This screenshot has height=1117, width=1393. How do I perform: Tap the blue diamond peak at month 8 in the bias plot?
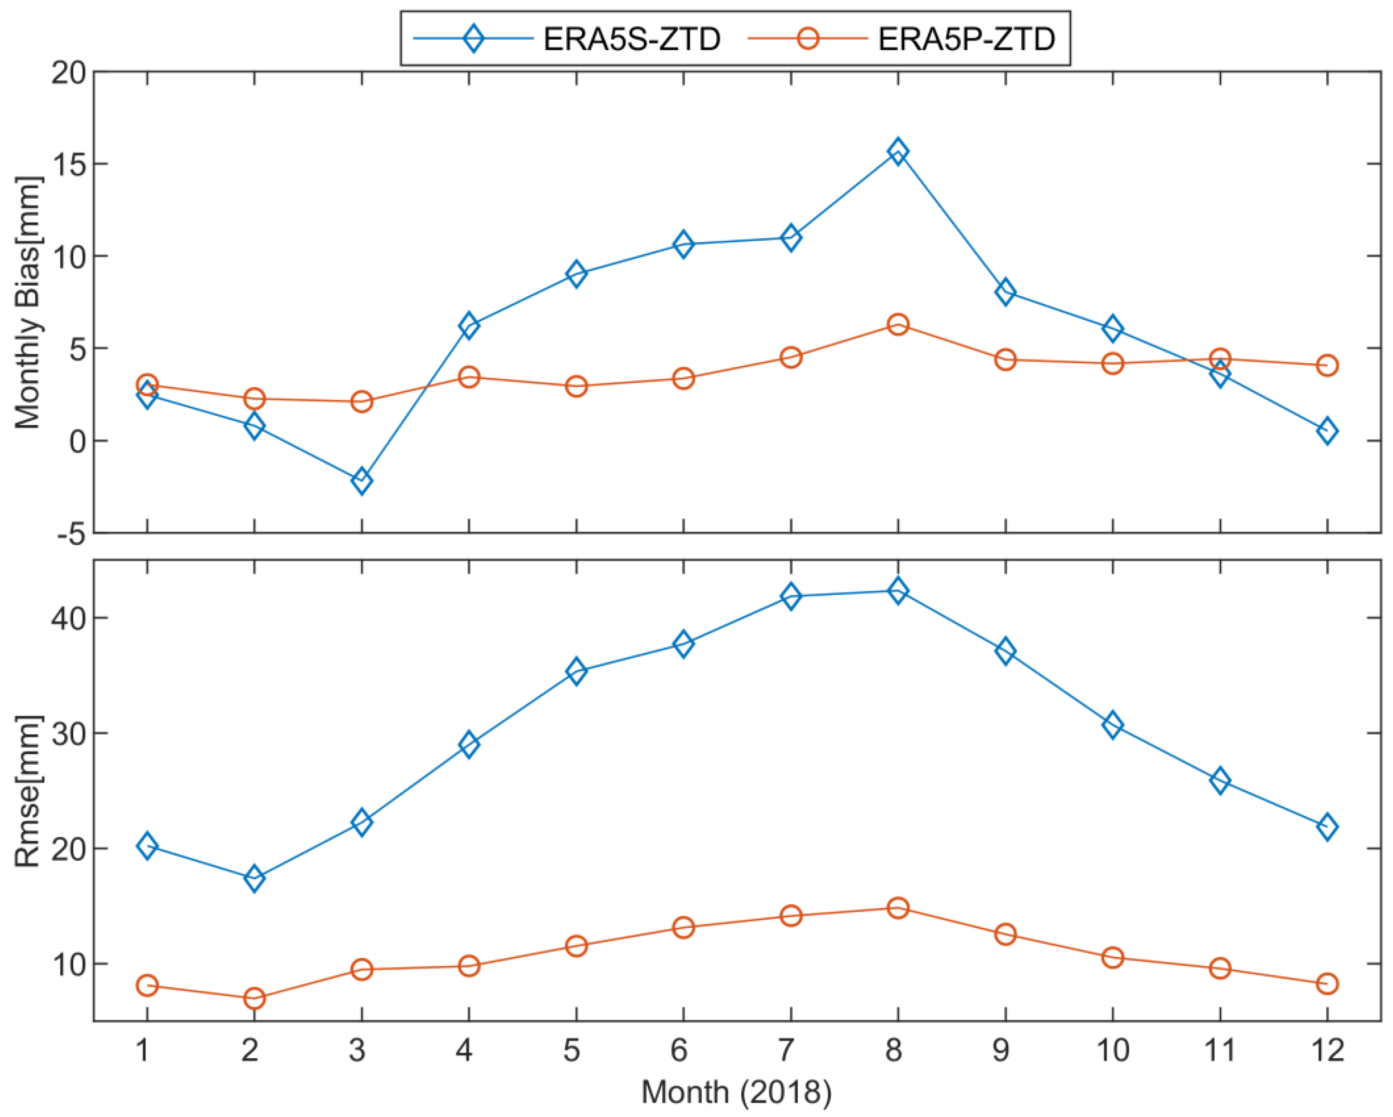pyautogui.click(x=898, y=152)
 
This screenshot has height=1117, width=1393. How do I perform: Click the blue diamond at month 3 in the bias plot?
pyautogui.click(x=362, y=481)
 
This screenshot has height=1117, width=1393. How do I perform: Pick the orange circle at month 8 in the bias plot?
pyautogui.click(x=898, y=325)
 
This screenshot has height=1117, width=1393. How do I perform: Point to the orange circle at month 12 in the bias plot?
pyautogui.click(x=1326, y=366)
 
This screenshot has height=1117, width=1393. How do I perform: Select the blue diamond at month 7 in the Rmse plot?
pyautogui.click(x=790, y=596)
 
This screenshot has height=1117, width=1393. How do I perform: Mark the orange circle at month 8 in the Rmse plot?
pyautogui.click(x=898, y=908)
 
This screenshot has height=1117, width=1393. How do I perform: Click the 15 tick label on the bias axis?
pyautogui.click(x=68, y=164)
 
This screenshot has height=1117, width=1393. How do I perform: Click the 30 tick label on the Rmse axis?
pyautogui.click(x=68, y=733)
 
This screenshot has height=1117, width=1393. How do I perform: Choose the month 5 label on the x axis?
pyautogui.click(x=572, y=1050)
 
